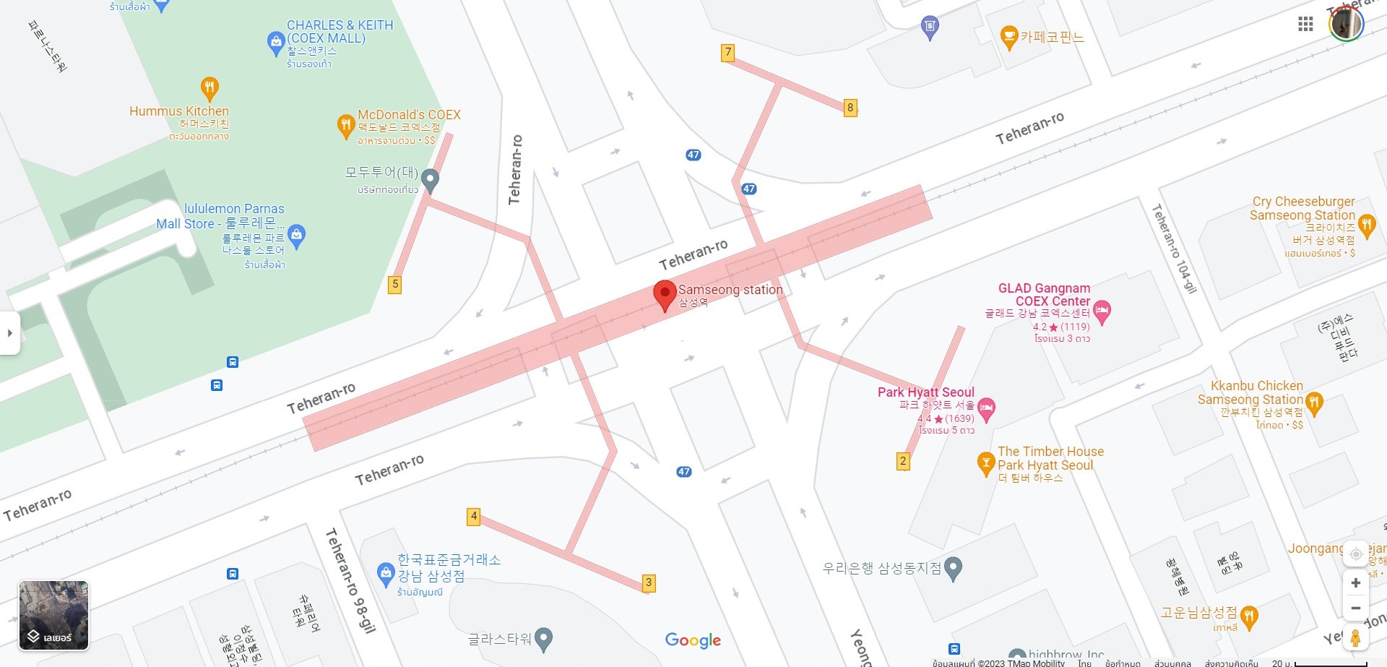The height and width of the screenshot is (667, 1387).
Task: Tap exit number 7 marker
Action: click(728, 53)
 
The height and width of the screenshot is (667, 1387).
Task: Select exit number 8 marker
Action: click(850, 108)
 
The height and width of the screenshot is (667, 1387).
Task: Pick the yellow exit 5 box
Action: click(394, 284)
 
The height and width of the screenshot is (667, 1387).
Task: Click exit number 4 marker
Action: click(474, 516)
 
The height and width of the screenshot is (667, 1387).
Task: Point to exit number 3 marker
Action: click(649, 582)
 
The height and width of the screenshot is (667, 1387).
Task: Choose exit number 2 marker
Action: click(903, 461)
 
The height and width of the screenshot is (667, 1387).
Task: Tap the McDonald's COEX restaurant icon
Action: click(346, 125)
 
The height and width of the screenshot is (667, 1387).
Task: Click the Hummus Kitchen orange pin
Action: click(209, 88)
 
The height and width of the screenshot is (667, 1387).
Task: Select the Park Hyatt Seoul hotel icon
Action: click(987, 408)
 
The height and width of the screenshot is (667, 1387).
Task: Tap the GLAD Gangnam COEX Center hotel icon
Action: click(1102, 311)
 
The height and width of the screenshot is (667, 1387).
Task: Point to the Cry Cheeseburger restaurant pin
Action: click(1366, 224)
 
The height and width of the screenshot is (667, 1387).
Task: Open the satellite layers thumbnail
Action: click(53, 615)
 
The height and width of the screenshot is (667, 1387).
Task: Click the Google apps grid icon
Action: click(1305, 25)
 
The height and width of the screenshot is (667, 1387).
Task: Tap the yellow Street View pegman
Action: click(1355, 638)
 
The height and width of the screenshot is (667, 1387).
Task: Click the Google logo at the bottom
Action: click(693, 640)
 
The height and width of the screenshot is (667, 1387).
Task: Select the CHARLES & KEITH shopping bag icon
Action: click(275, 43)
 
